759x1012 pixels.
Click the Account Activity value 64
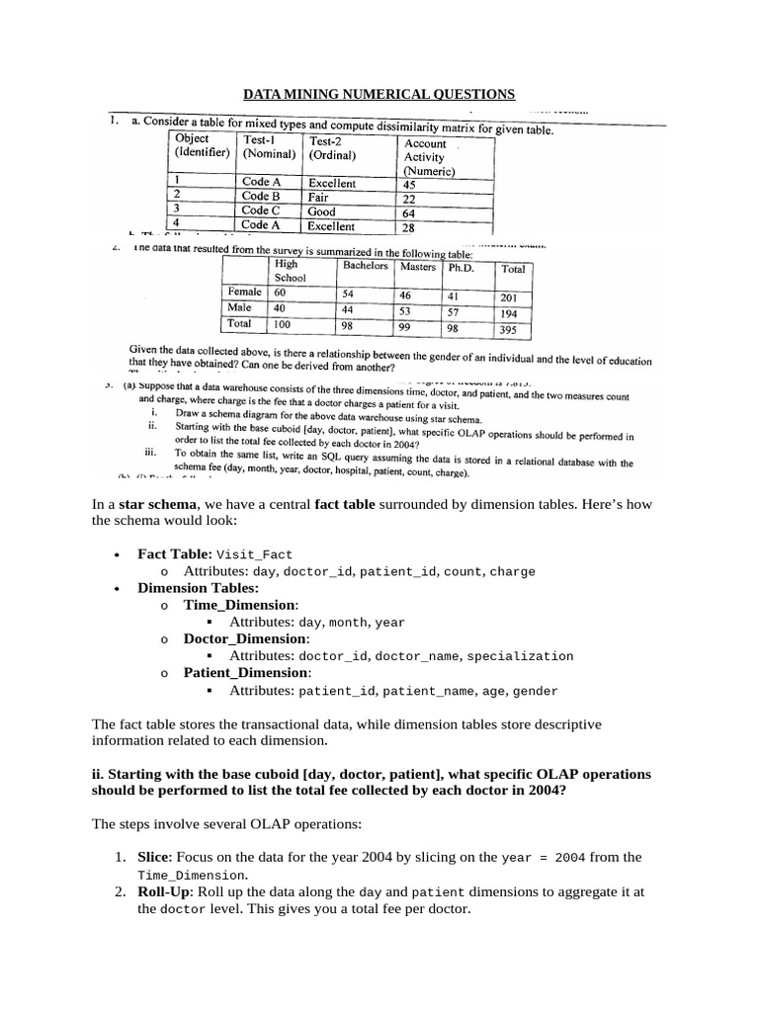409,213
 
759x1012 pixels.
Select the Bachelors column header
365,266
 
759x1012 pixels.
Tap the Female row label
245,293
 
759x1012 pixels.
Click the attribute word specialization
520,656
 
